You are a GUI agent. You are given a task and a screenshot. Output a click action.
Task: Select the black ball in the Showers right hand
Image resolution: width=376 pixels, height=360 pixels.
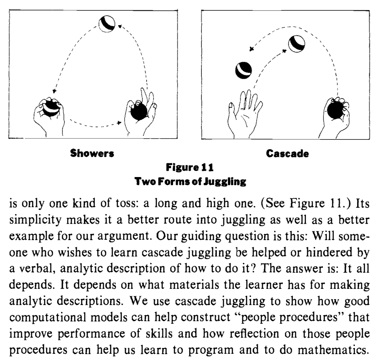pos(138,111)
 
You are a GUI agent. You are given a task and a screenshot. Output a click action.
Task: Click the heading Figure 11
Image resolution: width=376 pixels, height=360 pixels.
pos(190,168)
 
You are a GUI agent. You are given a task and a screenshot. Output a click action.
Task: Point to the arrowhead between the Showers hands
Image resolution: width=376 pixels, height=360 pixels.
pos(119,123)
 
